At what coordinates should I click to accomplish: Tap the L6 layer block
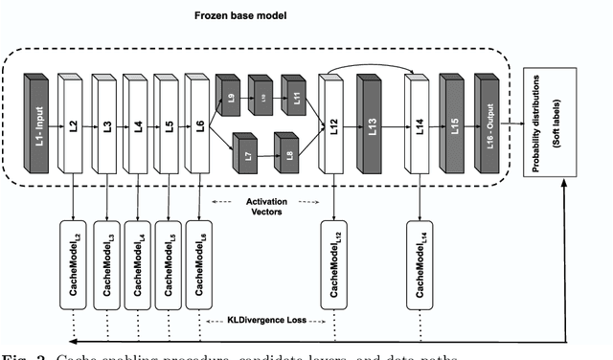click(x=199, y=123)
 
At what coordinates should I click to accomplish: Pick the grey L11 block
click(x=297, y=98)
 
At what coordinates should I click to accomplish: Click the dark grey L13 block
click(x=372, y=124)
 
